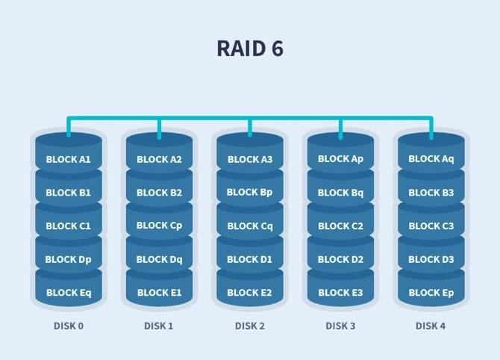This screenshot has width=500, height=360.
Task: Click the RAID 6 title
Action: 250,49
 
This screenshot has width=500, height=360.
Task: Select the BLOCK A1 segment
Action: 68,159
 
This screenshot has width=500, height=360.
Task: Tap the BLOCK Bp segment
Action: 250,192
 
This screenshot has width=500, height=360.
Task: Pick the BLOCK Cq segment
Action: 250,226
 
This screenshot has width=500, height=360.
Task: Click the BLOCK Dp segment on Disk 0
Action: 68,259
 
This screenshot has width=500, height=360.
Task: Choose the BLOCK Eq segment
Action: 68,293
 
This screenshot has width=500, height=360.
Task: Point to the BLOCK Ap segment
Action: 340,159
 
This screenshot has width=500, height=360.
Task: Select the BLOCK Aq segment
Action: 431,159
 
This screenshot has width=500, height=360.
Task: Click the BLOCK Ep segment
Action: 431,293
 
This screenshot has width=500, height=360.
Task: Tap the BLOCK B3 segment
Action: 431,192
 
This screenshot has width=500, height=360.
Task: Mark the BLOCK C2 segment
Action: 340,226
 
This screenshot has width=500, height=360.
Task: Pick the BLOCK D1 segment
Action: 250,259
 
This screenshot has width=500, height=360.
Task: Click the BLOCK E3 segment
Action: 340,293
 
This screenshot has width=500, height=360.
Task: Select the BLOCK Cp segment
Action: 159,226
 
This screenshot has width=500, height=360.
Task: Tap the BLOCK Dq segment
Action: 159,259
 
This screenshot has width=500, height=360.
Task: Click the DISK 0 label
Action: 68,326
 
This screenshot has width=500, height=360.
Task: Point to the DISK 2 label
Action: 250,326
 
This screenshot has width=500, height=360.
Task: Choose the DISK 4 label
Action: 431,326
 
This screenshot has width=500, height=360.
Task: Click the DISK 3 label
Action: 340,326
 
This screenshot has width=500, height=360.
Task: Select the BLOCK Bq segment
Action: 340,192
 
